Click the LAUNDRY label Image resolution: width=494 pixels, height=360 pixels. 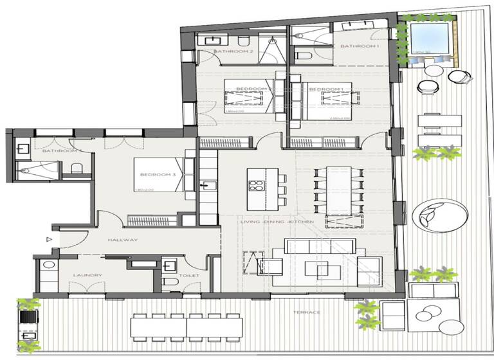point(87,276)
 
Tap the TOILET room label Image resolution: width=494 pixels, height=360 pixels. point(190,276)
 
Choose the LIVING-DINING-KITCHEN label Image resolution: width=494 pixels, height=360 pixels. point(277,221)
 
